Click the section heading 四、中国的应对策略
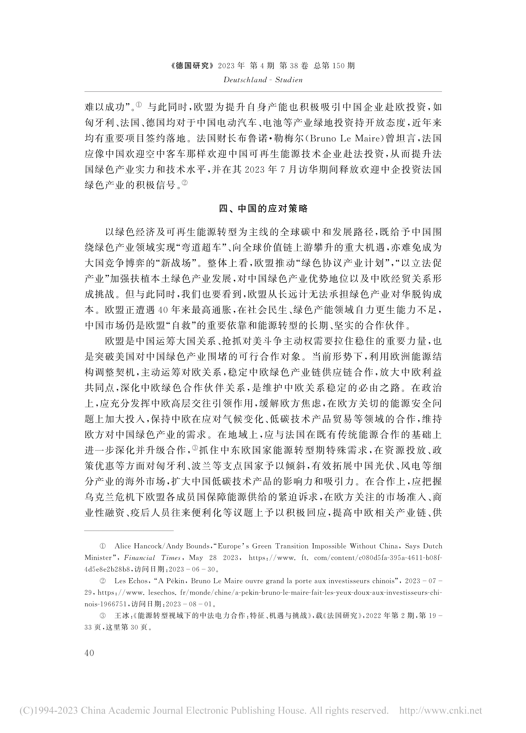pos(263,208)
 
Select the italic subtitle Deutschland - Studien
pos(263,80)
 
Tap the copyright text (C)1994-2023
pos(49,710)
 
